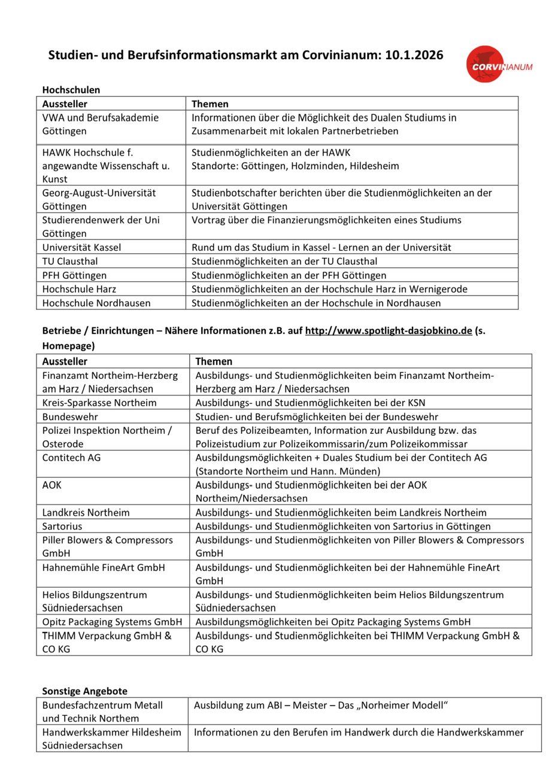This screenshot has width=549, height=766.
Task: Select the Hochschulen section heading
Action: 71,90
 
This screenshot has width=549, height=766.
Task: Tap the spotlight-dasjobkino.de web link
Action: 389,331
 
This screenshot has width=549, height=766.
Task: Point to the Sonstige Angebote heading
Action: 84,691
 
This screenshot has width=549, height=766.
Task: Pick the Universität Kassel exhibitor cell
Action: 81,248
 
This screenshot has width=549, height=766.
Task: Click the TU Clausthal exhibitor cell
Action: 70,262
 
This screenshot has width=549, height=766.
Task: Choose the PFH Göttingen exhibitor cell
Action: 74,275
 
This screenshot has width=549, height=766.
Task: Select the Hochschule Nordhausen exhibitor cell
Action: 96,303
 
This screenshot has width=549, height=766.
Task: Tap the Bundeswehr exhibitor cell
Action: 70,417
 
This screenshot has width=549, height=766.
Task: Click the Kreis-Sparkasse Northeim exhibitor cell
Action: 99,403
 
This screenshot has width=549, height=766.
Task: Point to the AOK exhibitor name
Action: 52,485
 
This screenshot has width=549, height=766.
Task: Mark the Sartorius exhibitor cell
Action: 62,527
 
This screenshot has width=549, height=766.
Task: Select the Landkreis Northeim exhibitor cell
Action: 86,513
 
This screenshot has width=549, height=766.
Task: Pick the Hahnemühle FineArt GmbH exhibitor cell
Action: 104,567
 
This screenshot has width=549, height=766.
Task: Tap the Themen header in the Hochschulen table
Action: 210,104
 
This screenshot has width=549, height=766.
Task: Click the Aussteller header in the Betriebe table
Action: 65,361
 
